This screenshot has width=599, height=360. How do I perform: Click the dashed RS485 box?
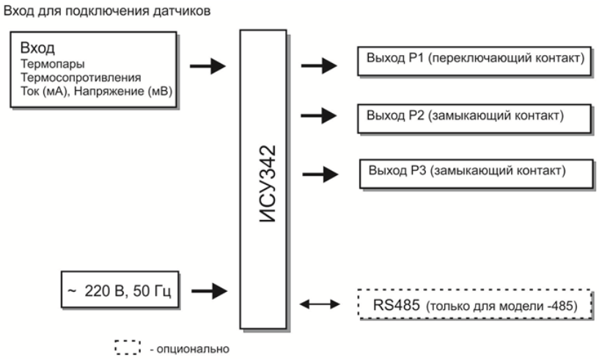pos(474,304)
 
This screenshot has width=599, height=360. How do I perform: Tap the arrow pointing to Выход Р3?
pos(320,174)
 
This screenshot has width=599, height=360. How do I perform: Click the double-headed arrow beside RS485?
pos(320,304)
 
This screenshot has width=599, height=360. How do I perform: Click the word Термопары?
pos(46,64)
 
